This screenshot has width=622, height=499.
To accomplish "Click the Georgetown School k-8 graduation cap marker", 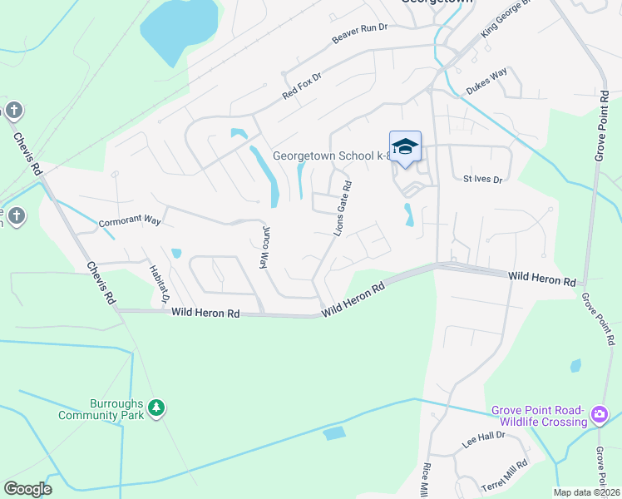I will tap(405, 147).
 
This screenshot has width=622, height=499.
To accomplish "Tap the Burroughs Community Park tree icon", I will tap(155, 408).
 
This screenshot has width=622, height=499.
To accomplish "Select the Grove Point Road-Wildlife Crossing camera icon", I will tap(600, 414).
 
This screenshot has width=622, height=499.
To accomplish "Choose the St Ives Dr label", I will tap(483, 179).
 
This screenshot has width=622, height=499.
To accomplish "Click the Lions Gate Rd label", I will tap(343, 209).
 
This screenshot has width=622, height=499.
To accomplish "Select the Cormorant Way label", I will tap(129, 221).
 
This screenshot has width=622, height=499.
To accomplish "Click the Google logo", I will tap(27, 489).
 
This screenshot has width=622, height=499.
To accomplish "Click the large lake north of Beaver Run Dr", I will tap(179, 29).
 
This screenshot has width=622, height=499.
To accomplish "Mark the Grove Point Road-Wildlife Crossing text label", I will tap(539, 415).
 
